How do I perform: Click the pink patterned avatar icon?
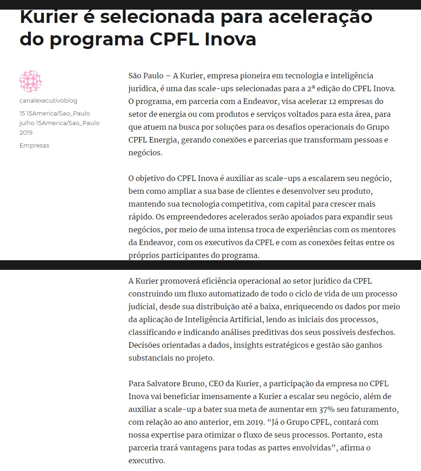[30, 82]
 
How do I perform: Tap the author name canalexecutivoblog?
[48, 101]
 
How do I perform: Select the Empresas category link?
[34, 146]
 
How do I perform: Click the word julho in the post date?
[27, 123]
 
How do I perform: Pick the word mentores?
[379, 230]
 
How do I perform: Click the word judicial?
[143, 307]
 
